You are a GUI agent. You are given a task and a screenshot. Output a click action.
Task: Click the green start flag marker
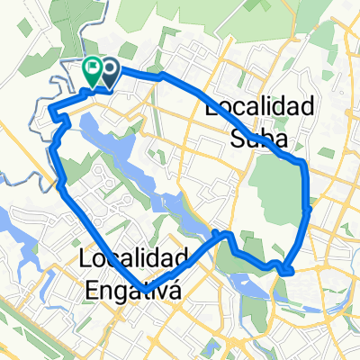93,67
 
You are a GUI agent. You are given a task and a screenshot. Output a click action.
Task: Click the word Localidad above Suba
260,107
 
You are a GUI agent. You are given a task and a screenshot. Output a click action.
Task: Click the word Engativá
133,290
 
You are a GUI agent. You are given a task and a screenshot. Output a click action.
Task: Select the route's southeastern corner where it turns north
289,269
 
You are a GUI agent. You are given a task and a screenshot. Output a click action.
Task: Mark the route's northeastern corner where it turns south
304,164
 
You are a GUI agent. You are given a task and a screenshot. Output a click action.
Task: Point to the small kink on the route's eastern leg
309,209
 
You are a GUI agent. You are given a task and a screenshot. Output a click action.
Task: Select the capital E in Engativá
93,290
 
